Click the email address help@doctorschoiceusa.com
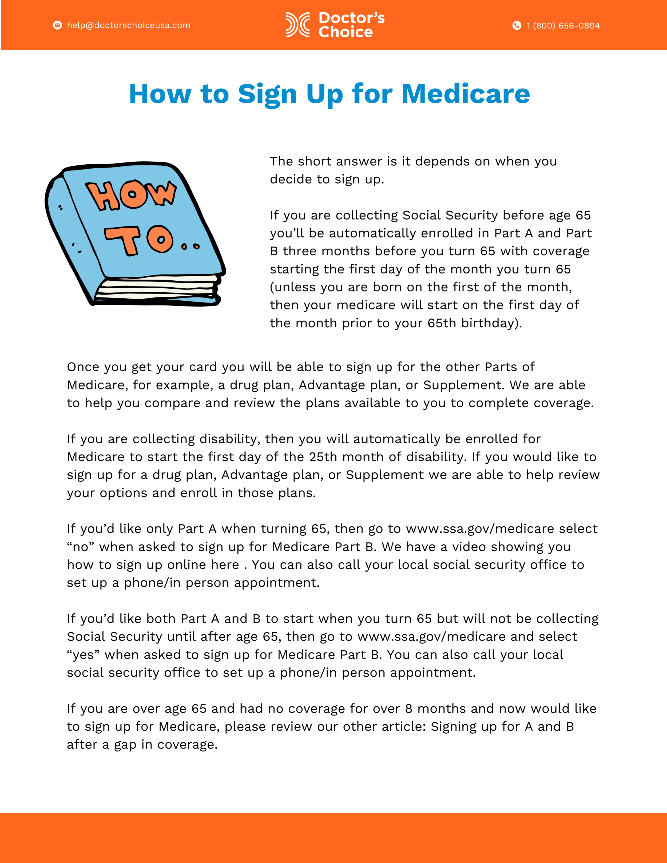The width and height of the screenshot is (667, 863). coord(128,25)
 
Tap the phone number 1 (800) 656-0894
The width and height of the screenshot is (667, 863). coord(563,26)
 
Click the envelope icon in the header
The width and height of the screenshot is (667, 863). coord(58,25)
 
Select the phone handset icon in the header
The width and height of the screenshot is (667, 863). coord(517,25)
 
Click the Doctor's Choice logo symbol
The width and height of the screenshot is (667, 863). coord(297,25)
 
